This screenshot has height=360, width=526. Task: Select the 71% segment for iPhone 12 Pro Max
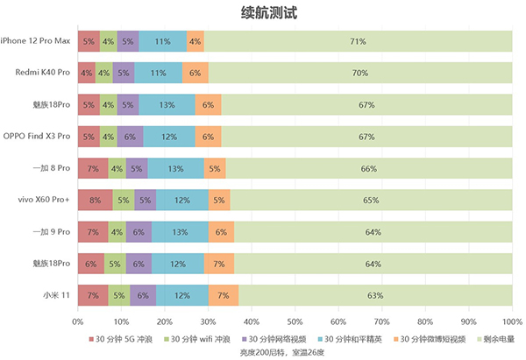pyautogui.click(x=357, y=40)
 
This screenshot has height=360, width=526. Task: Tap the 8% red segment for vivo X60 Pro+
pyautogui.click(x=95, y=200)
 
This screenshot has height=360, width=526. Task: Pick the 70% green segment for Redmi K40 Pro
pyautogui.click(x=359, y=73)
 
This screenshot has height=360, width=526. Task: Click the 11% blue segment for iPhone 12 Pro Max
pyautogui.click(x=162, y=40)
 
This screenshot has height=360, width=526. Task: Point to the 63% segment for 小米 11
pyautogui.click(x=374, y=295)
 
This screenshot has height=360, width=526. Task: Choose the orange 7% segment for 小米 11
pyautogui.click(x=223, y=295)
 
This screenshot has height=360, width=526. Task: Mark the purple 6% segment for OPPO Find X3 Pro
pyautogui.click(x=130, y=137)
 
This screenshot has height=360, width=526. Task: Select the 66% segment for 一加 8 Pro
pyautogui.click(x=369, y=168)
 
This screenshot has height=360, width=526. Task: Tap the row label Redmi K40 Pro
pyautogui.click(x=43, y=73)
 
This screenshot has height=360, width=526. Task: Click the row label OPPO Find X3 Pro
pyautogui.click(x=38, y=137)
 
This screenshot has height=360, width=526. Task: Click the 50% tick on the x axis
pyautogui.click(x=295, y=322)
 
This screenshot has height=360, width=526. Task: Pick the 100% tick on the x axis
pyautogui.click(x=512, y=322)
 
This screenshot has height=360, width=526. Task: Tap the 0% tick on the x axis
pyautogui.click(x=77, y=322)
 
